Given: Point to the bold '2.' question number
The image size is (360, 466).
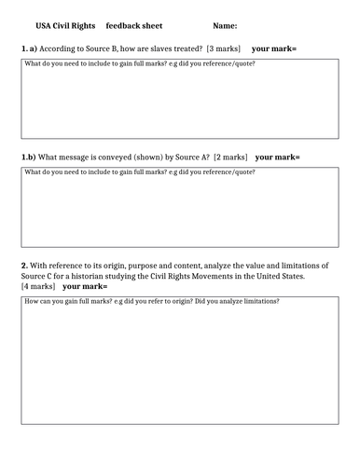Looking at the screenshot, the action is coord(25,266).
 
